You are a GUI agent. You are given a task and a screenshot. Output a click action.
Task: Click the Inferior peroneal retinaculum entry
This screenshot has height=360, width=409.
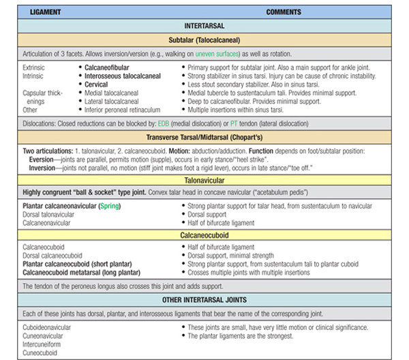[119, 108]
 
